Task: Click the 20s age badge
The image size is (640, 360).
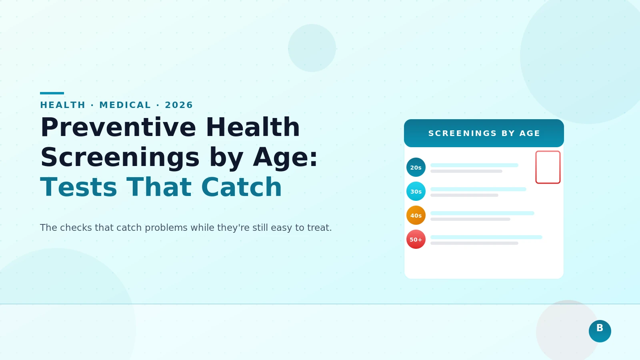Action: pos(416,167)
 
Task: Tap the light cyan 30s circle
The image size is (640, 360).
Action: pos(416,191)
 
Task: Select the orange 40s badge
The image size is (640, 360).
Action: pos(416,215)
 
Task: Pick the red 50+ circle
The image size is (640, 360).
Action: pos(416,239)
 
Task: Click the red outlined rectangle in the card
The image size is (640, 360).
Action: pos(548,167)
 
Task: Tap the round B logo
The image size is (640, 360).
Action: pos(600,331)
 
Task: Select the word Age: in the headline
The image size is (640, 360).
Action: pos(285,158)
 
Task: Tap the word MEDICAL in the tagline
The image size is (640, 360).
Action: pos(125,105)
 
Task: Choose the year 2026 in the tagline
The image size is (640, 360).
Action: pos(179,105)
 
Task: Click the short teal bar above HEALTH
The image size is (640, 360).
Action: pos(52,93)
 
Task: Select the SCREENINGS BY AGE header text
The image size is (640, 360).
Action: pos(484,133)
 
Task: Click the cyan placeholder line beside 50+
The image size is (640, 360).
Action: pos(486,237)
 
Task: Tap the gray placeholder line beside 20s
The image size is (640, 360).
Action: pos(466,171)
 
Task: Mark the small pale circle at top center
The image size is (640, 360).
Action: pos(312,48)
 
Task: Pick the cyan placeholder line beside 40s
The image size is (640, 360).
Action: pos(482,213)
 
